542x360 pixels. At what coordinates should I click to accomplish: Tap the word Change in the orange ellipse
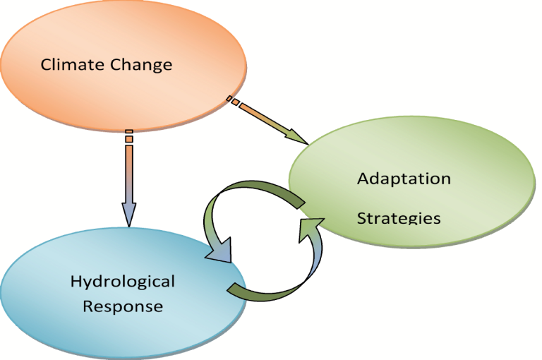click(x=140, y=66)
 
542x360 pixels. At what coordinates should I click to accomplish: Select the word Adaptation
click(x=404, y=179)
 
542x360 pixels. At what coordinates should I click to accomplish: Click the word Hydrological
click(x=122, y=282)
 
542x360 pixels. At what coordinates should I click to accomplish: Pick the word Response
click(x=123, y=307)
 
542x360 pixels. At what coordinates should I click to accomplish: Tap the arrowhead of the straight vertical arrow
click(x=128, y=213)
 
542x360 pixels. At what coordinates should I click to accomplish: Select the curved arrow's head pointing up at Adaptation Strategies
click(x=310, y=228)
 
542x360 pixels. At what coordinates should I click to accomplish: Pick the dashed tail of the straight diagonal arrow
click(x=233, y=102)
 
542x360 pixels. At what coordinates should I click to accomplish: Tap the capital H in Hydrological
click(x=76, y=282)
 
